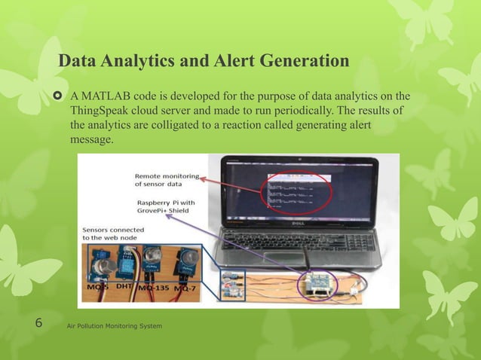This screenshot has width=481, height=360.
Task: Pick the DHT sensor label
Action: point(124,286)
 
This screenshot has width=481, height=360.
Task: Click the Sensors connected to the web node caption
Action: point(114,233)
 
